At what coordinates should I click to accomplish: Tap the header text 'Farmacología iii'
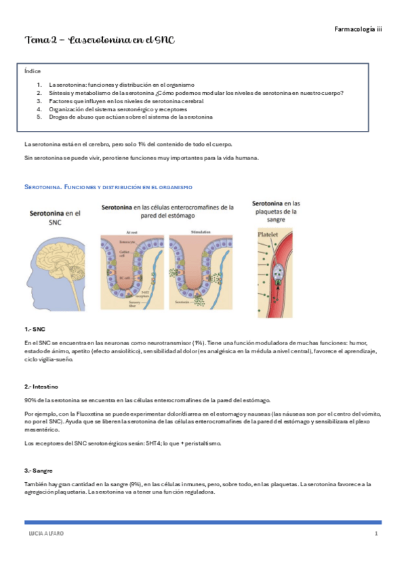[x=359, y=29]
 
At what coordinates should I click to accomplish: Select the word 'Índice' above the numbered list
[x=32, y=71]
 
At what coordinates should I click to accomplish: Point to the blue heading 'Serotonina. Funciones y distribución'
[x=108, y=186]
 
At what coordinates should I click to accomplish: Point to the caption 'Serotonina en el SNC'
[x=56, y=217]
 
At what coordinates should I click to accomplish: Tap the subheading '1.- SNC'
[x=35, y=328]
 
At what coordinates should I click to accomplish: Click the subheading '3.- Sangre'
[x=39, y=470]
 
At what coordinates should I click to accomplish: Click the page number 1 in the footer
[x=375, y=535]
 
